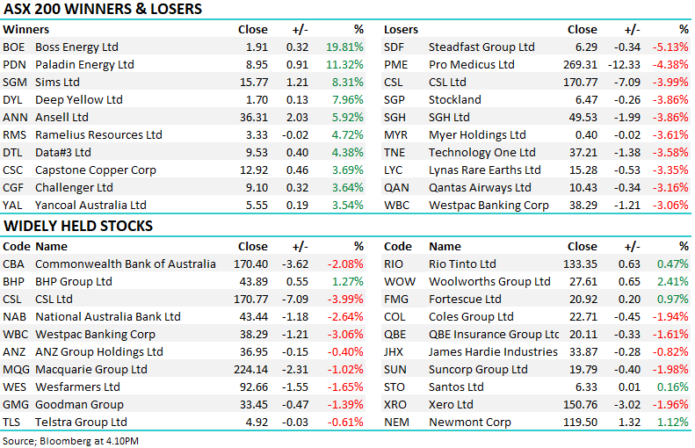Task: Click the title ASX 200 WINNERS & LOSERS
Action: coord(103,10)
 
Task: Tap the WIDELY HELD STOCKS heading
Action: coord(78,226)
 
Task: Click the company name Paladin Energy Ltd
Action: coord(84,64)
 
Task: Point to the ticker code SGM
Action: coord(14,82)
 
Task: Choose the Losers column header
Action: coord(401,29)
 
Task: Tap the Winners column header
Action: coord(26,29)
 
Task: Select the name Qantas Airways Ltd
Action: coord(480,187)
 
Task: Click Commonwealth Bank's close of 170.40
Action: coord(250,264)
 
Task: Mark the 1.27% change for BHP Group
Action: coord(348,281)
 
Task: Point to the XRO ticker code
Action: coord(397,404)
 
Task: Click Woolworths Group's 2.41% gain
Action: coord(674,281)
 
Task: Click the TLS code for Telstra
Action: coord(13,422)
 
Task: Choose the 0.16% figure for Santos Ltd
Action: coord(674,387)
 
